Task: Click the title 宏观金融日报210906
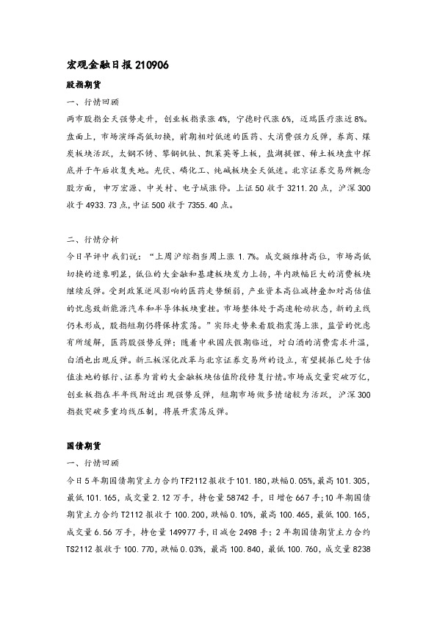tap(118, 65)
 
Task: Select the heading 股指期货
tap(82, 85)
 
